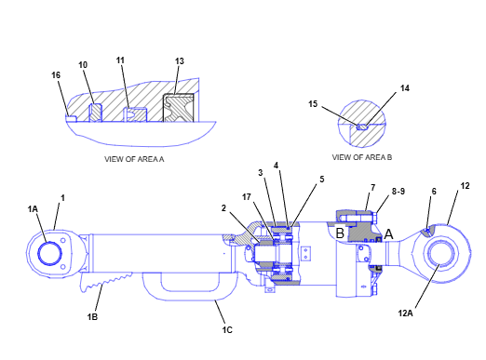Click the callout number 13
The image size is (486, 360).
[180, 61]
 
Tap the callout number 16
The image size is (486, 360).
[56, 75]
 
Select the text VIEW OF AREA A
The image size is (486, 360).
[134, 159]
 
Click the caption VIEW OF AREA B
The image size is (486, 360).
[362, 157]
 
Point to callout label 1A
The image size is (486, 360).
[33, 209]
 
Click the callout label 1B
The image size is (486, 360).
[92, 317]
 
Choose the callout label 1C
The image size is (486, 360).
[227, 330]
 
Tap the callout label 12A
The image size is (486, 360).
[406, 313]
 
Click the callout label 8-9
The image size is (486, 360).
[398, 192]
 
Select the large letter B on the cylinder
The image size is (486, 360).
[340, 233]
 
